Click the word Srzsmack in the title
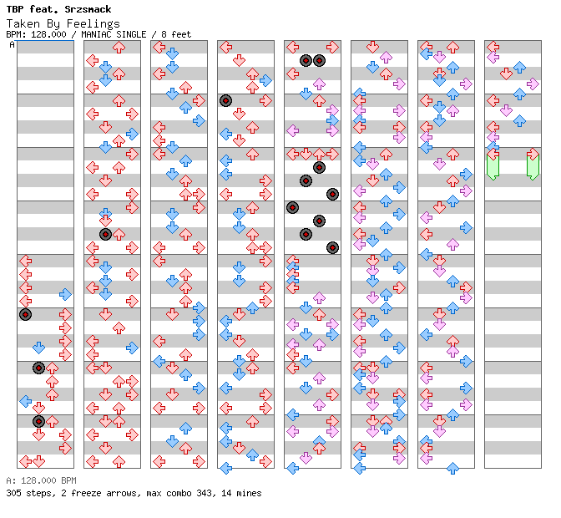click(x=88, y=9)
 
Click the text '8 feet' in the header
click(x=176, y=34)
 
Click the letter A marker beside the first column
click(x=13, y=44)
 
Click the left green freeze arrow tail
click(x=493, y=167)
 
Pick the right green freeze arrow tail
click(x=533, y=167)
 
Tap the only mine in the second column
click(x=105, y=235)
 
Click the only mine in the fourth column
click(x=225, y=101)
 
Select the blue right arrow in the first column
click(x=65, y=295)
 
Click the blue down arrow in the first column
click(x=38, y=348)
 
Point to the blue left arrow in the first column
click(x=25, y=401)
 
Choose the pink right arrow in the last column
click(x=533, y=84)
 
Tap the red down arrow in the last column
click(x=506, y=74)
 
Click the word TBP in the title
click(x=15, y=9)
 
